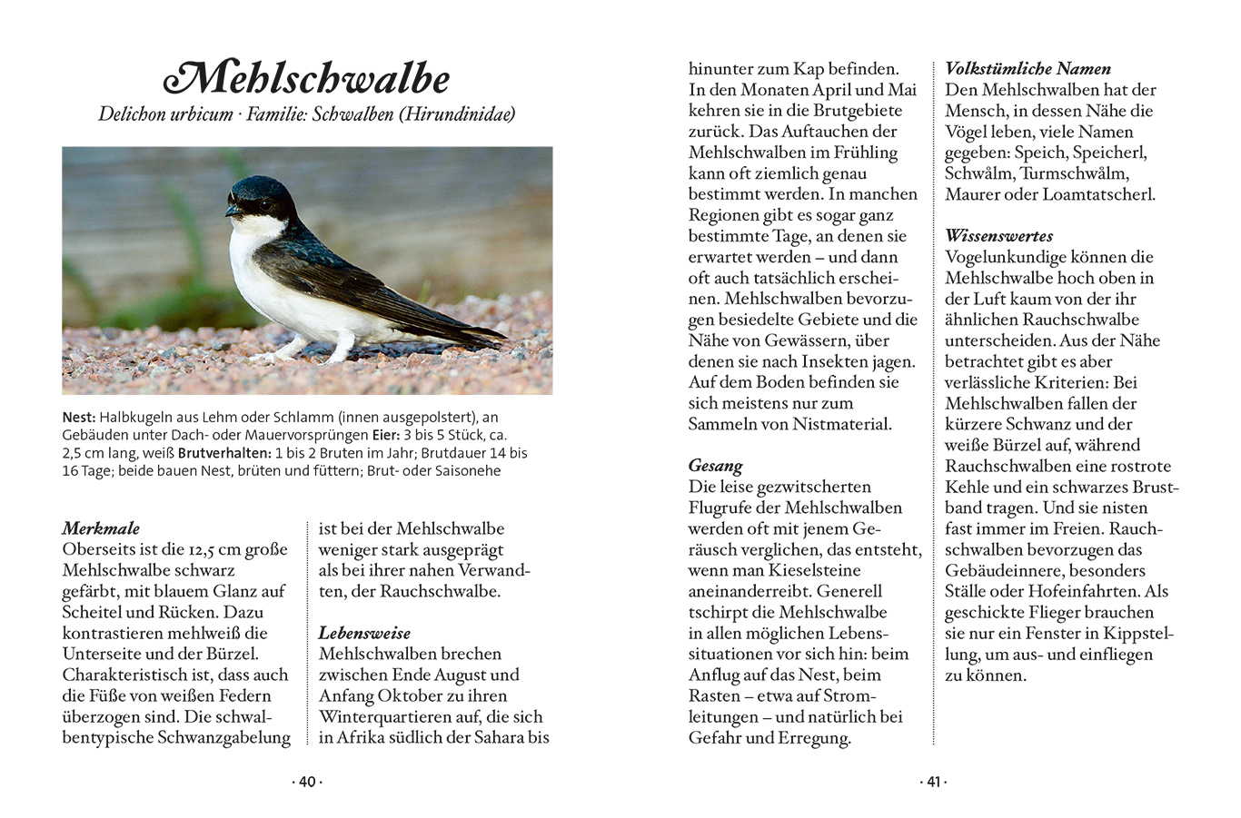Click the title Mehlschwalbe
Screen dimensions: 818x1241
pyautogui.click(x=307, y=79)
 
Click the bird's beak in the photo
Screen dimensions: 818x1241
pyautogui.click(x=232, y=211)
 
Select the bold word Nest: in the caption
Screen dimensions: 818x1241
pyautogui.click(x=79, y=418)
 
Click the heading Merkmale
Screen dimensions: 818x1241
pyautogui.click(x=101, y=528)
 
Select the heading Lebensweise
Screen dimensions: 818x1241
pyautogui.click(x=364, y=633)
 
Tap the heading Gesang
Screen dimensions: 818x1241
pyautogui.click(x=716, y=466)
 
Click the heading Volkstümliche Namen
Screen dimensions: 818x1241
pyautogui.click(x=1028, y=68)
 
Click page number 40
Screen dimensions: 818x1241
pyautogui.click(x=307, y=782)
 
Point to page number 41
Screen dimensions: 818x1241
pyautogui.click(x=934, y=782)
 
